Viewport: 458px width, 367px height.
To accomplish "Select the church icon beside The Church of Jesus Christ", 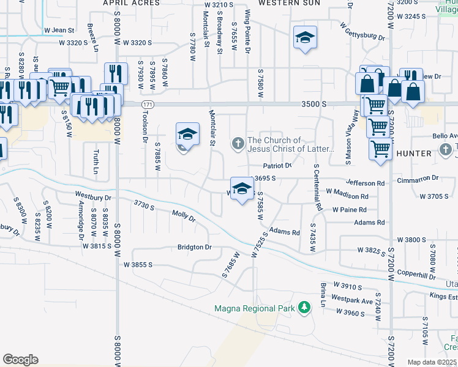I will point(238,144).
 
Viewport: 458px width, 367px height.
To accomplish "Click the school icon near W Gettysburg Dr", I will point(304,37).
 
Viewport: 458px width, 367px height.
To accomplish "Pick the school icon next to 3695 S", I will point(242,188).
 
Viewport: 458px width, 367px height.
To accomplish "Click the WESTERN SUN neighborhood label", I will point(280,3).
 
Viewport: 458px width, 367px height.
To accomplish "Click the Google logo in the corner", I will point(20,359).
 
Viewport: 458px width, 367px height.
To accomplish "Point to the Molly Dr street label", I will point(183,216).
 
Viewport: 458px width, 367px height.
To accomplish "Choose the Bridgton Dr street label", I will point(194,248).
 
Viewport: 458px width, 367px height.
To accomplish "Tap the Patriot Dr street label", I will point(277,166).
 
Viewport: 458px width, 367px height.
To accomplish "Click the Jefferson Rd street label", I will point(365,183).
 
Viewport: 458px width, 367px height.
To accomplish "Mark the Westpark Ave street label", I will point(353,301).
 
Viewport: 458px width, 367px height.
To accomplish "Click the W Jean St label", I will point(59,30).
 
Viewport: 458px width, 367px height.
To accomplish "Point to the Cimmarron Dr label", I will point(418,178).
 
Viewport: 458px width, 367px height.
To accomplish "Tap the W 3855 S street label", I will point(138,265).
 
